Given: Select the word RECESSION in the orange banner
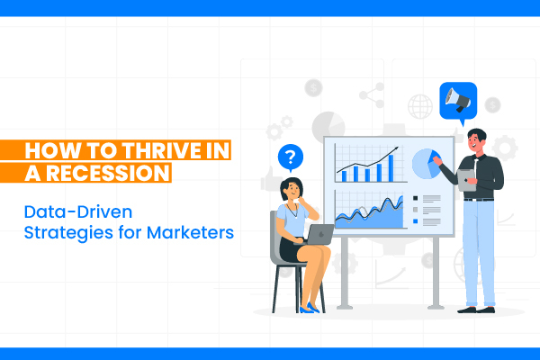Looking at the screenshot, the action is pos(108,173).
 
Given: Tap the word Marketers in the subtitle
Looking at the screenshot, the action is pos(190,232).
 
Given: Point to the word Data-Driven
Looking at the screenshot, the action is pos(78,211).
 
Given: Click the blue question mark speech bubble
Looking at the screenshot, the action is pos(291,157).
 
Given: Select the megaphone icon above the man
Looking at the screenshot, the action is pos(458,101).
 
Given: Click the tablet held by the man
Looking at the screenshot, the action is pos(466,180).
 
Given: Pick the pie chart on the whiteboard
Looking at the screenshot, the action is pos(427,164).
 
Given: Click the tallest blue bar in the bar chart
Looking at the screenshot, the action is pos(391,168).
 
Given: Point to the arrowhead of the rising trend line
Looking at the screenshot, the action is pos(396,148).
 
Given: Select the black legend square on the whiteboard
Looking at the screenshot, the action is pos(415,198).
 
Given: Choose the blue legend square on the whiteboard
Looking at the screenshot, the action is pos(415,221).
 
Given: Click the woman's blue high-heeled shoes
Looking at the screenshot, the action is pos(310,308).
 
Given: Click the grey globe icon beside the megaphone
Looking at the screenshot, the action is pos(420,106).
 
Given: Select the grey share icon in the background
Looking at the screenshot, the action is pos(372,95).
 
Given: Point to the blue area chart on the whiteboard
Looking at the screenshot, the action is pos(369,213).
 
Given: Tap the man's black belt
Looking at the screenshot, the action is pos(479,199).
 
